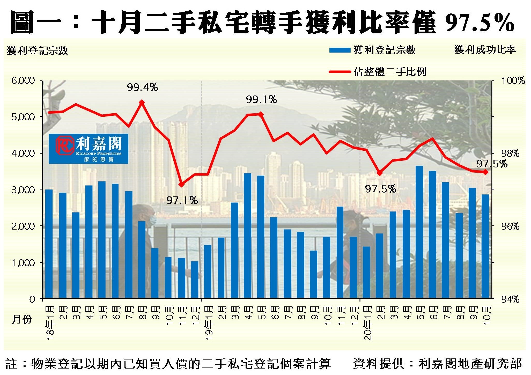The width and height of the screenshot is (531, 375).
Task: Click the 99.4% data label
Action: (142, 87)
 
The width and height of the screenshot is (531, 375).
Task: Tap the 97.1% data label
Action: (182, 200)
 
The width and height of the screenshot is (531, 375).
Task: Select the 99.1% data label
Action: (261, 99)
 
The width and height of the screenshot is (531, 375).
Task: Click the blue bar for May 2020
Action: (419, 232)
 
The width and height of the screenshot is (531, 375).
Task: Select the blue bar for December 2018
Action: (195, 280)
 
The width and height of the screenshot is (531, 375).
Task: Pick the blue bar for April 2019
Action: (248, 236)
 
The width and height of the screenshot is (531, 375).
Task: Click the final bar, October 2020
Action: (485, 246)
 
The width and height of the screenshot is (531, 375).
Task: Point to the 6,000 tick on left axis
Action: (23, 81)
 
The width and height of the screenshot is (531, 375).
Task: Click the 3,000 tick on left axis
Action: (23, 190)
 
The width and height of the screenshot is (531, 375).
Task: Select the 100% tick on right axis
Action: (513, 81)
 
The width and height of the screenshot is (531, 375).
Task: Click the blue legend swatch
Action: (340, 50)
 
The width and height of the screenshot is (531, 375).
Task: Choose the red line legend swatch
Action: (340, 72)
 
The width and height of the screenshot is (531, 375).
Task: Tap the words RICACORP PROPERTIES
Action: (99, 153)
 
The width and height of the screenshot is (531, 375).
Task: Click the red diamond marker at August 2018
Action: (142, 102)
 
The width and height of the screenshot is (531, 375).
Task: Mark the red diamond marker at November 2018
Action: (181, 184)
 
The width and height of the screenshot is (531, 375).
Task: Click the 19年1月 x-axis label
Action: (209, 322)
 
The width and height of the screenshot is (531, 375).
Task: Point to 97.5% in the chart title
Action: (480, 23)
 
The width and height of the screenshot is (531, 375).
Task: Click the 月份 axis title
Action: (22, 319)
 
